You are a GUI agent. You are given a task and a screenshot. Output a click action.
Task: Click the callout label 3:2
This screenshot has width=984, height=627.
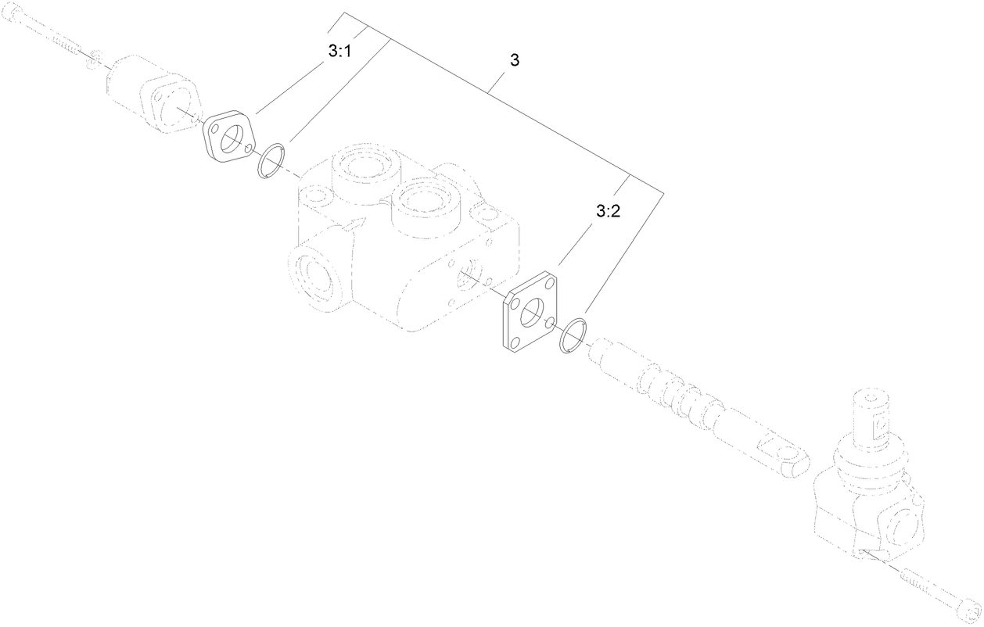(608, 210)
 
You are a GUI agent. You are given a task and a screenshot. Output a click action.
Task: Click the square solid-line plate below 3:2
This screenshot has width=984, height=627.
(530, 313)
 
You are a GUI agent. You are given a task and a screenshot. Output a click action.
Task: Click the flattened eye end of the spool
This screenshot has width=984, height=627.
(781, 457)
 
